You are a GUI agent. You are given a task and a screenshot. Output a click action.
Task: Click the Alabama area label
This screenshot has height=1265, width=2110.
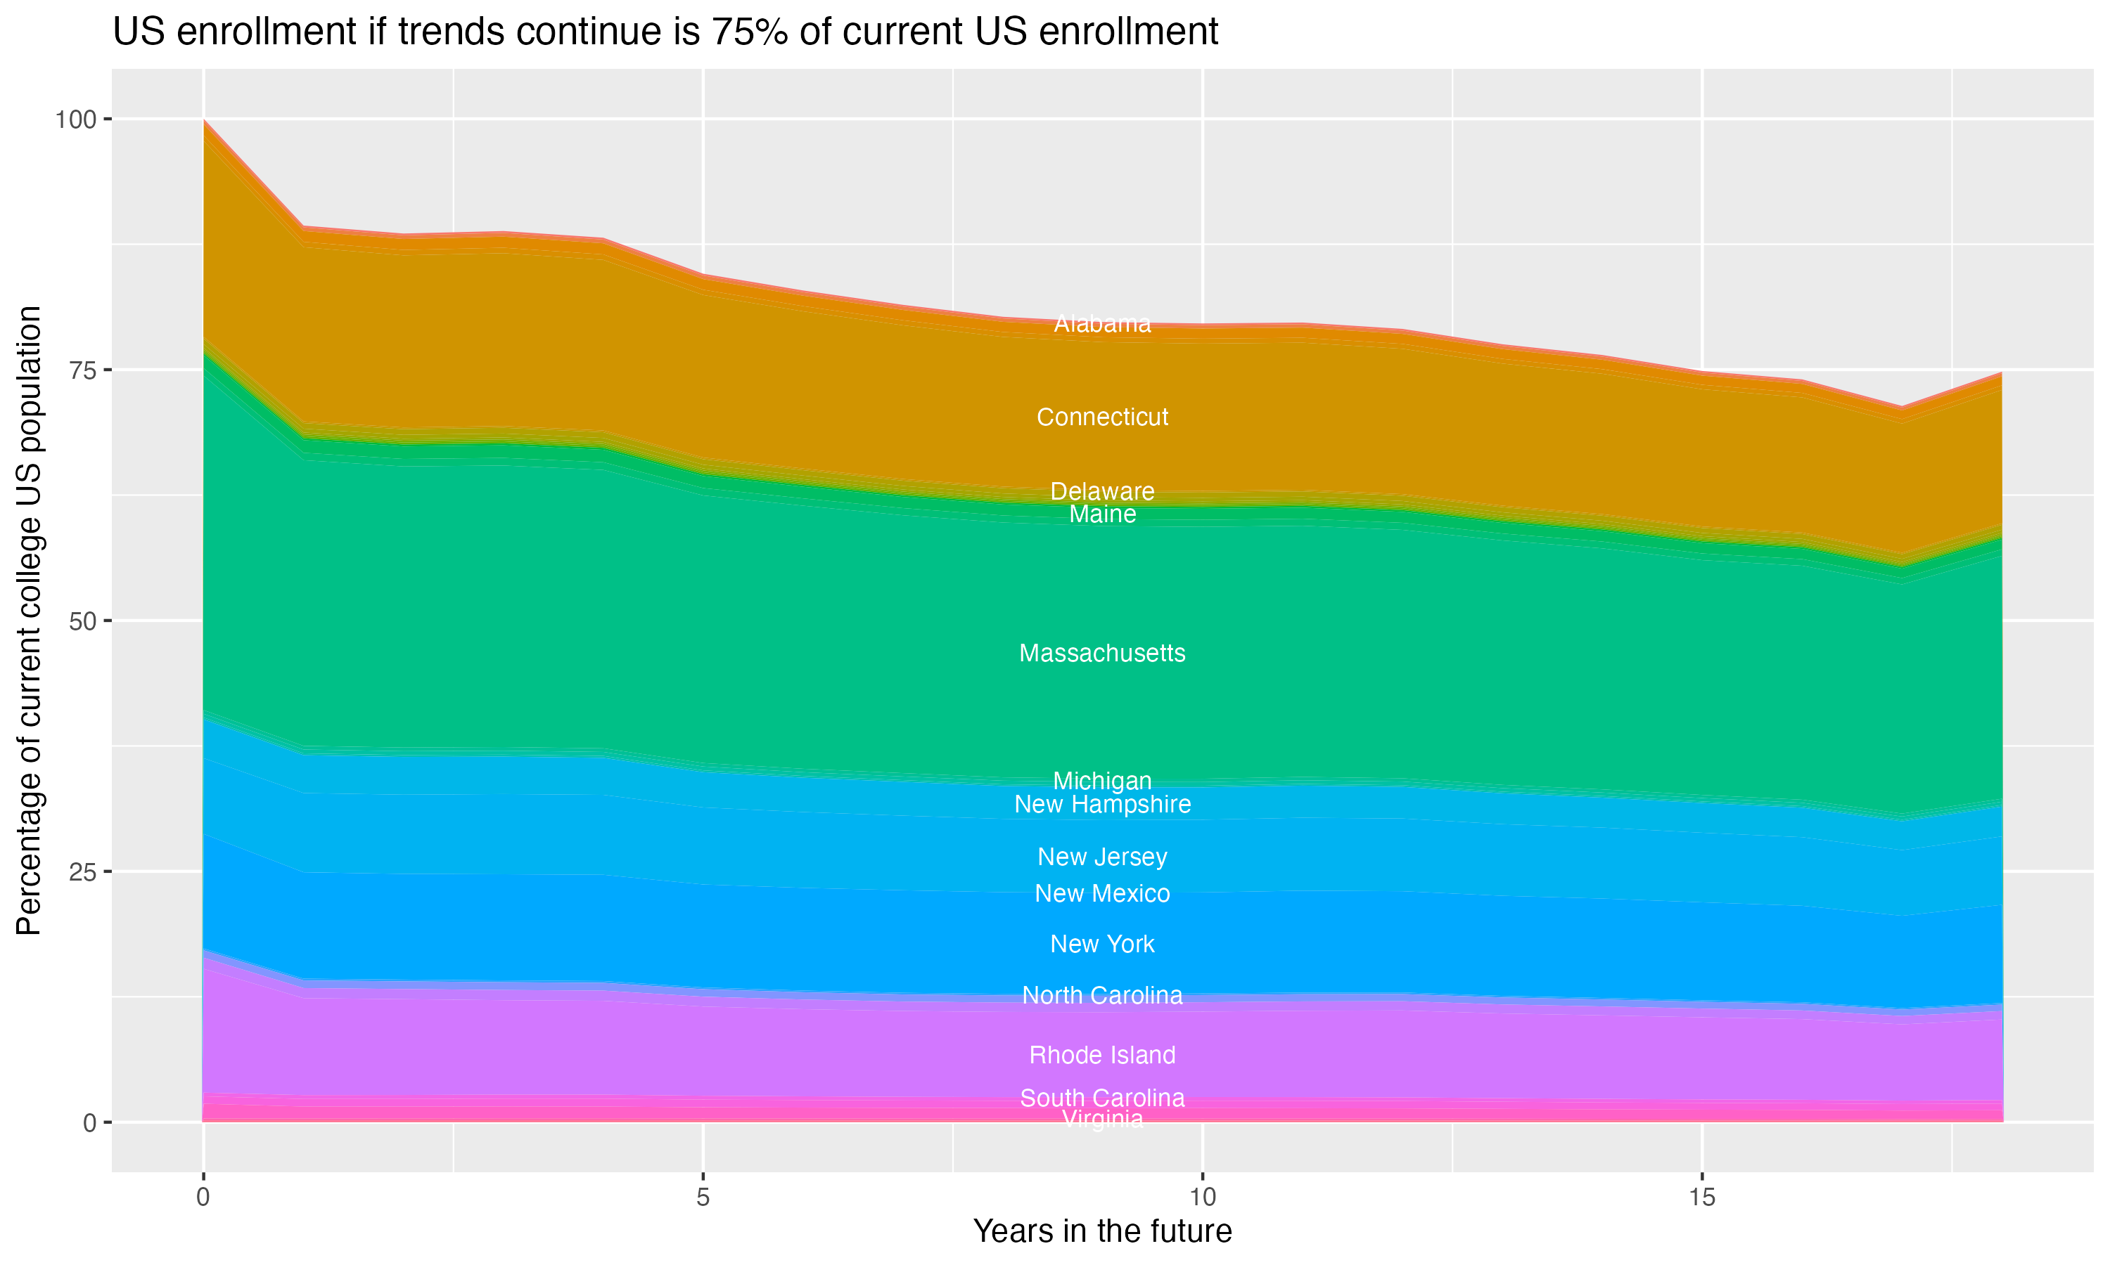pyautogui.click(x=1102, y=324)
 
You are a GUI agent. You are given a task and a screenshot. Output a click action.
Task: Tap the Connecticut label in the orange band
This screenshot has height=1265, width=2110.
pyautogui.click(x=1102, y=417)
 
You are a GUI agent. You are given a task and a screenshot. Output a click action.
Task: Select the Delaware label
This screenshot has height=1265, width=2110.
pyautogui.click(x=1102, y=491)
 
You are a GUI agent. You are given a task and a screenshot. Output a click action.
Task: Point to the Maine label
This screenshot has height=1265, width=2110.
pyautogui.click(x=1102, y=514)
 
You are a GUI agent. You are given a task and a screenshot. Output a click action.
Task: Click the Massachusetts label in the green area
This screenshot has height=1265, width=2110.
pyautogui.click(x=1102, y=653)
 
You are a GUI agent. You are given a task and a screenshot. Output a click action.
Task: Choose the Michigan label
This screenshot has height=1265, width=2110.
pyautogui.click(x=1102, y=780)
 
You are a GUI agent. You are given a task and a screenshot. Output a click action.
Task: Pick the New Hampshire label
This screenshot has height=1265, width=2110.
pyautogui.click(x=1102, y=804)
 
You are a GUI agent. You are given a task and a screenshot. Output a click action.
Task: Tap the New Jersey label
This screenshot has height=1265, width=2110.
pyautogui.click(x=1102, y=857)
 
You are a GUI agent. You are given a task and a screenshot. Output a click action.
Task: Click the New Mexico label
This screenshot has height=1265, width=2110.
pyautogui.click(x=1102, y=893)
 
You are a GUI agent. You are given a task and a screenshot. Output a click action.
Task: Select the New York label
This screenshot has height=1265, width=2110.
pyautogui.click(x=1102, y=944)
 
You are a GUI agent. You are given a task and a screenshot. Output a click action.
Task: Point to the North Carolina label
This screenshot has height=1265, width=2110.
pyautogui.click(x=1102, y=994)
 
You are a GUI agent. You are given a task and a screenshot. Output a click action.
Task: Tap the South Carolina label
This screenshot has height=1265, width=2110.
pyautogui.click(x=1102, y=1097)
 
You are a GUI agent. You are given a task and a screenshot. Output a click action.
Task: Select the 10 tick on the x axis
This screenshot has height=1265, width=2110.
pyautogui.click(x=1202, y=1197)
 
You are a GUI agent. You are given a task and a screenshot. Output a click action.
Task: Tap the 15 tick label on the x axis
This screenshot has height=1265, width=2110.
pyautogui.click(x=1701, y=1197)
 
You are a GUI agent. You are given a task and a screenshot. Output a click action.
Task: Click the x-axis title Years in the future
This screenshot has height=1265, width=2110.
pyautogui.click(x=1102, y=1231)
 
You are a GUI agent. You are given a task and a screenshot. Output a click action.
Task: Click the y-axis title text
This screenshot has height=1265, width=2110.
pyautogui.click(x=29, y=620)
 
